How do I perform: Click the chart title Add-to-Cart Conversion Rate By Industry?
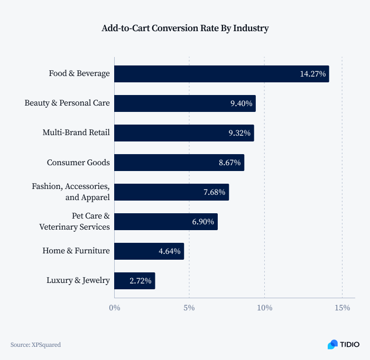tap(185, 29)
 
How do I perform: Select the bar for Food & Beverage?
tap(206, 74)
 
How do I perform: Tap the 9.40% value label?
tap(241, 103)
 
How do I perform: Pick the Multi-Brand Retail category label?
tap(76, 132)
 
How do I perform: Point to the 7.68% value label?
tap(214, 192)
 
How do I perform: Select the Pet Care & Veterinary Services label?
tap(75, 221)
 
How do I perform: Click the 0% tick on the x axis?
tap(114, 307)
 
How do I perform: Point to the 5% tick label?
tap(189, 307)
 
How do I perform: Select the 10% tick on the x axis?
tap(265, 307)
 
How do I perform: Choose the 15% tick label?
tap(341, 307)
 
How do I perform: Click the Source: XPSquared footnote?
tap(35, 345)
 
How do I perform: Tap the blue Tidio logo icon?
tap(332, 344)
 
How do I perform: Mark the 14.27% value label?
tap(312, 74)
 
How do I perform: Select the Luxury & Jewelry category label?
tap(78, 280)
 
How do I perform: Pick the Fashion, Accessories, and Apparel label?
tap(71, 192)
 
